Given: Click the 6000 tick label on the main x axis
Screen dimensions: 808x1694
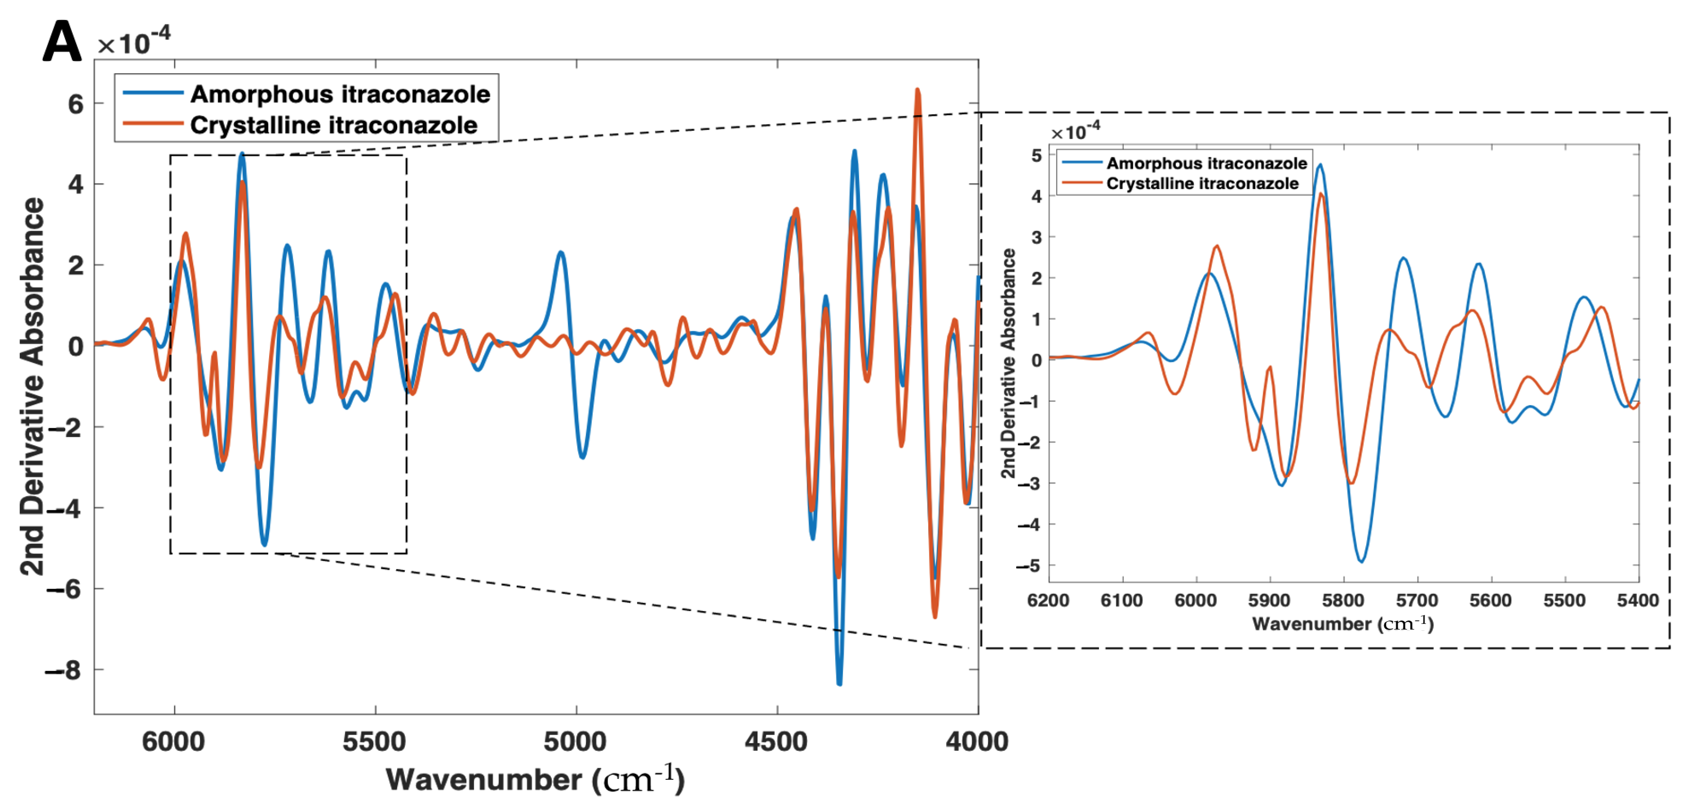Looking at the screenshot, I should point(174,742).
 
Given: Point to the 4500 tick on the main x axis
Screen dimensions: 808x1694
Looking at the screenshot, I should point(777,742).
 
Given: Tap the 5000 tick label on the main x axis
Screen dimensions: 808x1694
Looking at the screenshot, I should point(575,742).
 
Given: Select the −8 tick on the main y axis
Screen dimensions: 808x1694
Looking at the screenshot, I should point(64,670).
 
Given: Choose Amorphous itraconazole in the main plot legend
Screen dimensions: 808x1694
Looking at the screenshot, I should point(340,94).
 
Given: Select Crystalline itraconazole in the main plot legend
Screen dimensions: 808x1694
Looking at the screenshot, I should point(334,125).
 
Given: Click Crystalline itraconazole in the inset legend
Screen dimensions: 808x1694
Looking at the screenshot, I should point(1202,184).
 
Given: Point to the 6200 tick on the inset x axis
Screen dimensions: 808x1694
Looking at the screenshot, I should point(1048,600).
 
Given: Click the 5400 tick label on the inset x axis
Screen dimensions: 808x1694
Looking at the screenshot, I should point(1637,600).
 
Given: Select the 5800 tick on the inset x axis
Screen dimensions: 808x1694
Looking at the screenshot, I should point(1343,600).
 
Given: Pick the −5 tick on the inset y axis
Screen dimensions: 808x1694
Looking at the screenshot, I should point(1030,566).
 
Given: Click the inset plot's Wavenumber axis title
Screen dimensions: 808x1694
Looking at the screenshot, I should point(1342,624).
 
